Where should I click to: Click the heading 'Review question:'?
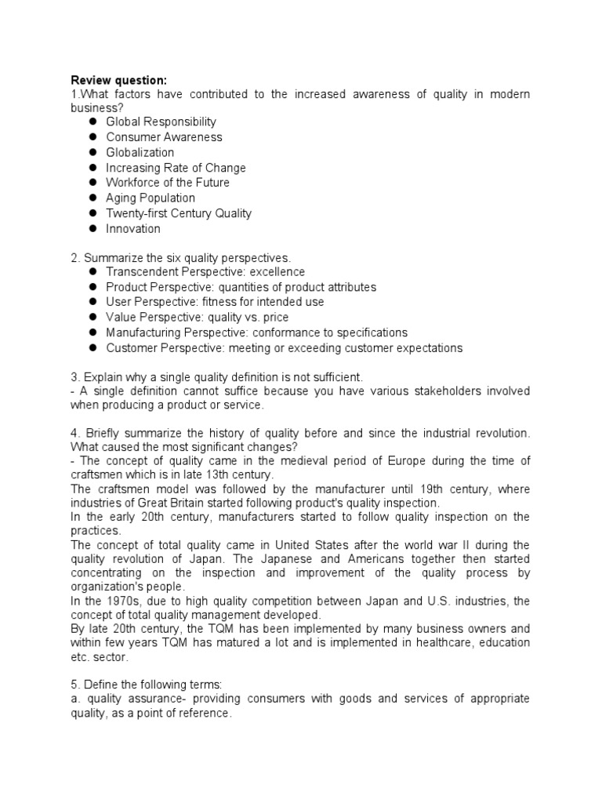(x=118, y=79)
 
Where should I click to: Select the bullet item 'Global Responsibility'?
(x=161, y=122)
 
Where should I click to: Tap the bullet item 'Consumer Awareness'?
(x=164, y=137)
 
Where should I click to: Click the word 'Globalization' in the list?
(x=140, y=152)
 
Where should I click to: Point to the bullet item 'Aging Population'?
(x=150, y=198)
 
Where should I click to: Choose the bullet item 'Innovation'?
(x=132, y=229)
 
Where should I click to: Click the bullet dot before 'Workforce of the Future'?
(x=92, y=183)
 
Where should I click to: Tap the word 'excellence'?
(x=277, y=271)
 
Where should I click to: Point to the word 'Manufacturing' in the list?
(x=143, y=332)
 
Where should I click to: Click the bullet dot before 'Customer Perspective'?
(x=92, y=348)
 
